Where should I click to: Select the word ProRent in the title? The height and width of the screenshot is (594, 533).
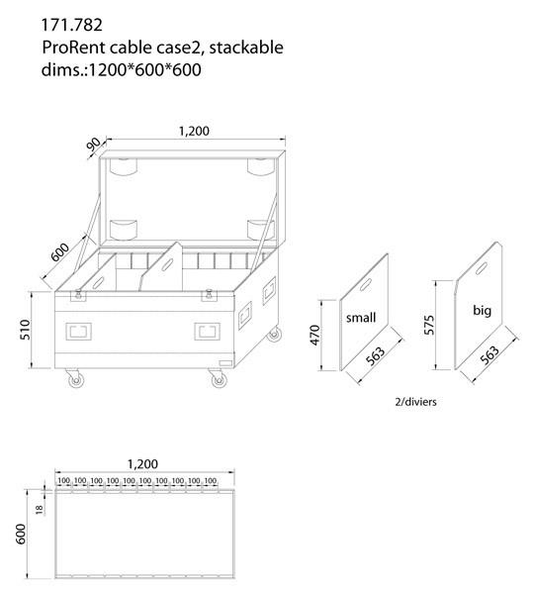[x=73, y=47]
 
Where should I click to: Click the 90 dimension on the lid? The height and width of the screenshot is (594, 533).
[x=93, y=146]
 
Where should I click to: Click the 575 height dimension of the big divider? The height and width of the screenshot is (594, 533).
[x=426, y=325]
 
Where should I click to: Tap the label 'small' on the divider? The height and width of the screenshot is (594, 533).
[x=362, y=318]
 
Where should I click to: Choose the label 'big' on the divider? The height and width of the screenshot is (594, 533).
[x=482, y=311]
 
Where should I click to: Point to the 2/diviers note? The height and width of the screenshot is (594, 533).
[x=415, y=403]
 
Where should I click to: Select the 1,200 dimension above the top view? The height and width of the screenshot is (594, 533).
[x=144, y=463]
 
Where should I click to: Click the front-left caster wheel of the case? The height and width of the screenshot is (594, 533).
[x=71, y=378]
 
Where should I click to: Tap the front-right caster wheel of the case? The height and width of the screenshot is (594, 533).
[x=215, y=378]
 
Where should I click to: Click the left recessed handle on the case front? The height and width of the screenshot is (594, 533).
[x=78, y=331]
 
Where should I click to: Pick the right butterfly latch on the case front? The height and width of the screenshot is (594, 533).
[x=209, y=294]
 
